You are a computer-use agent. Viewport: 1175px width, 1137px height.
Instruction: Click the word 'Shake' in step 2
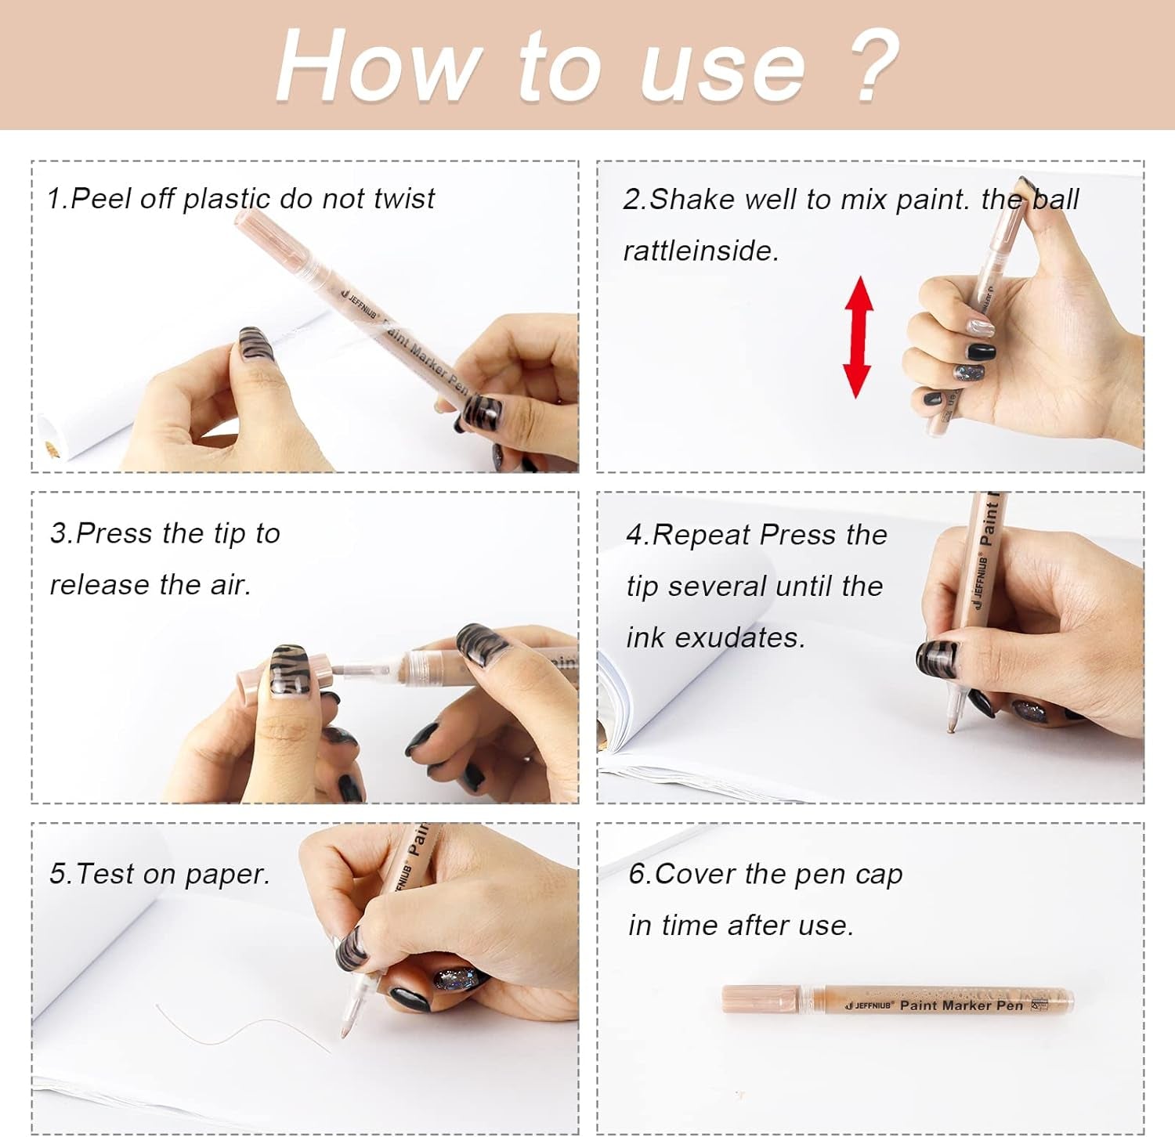693,200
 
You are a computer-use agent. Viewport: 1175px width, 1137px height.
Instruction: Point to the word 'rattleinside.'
701,251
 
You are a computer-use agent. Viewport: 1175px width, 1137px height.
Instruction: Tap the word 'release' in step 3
101,585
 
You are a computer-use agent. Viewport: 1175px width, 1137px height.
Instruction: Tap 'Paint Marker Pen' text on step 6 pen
962,1005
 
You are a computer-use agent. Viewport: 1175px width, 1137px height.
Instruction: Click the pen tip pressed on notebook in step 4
951,727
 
